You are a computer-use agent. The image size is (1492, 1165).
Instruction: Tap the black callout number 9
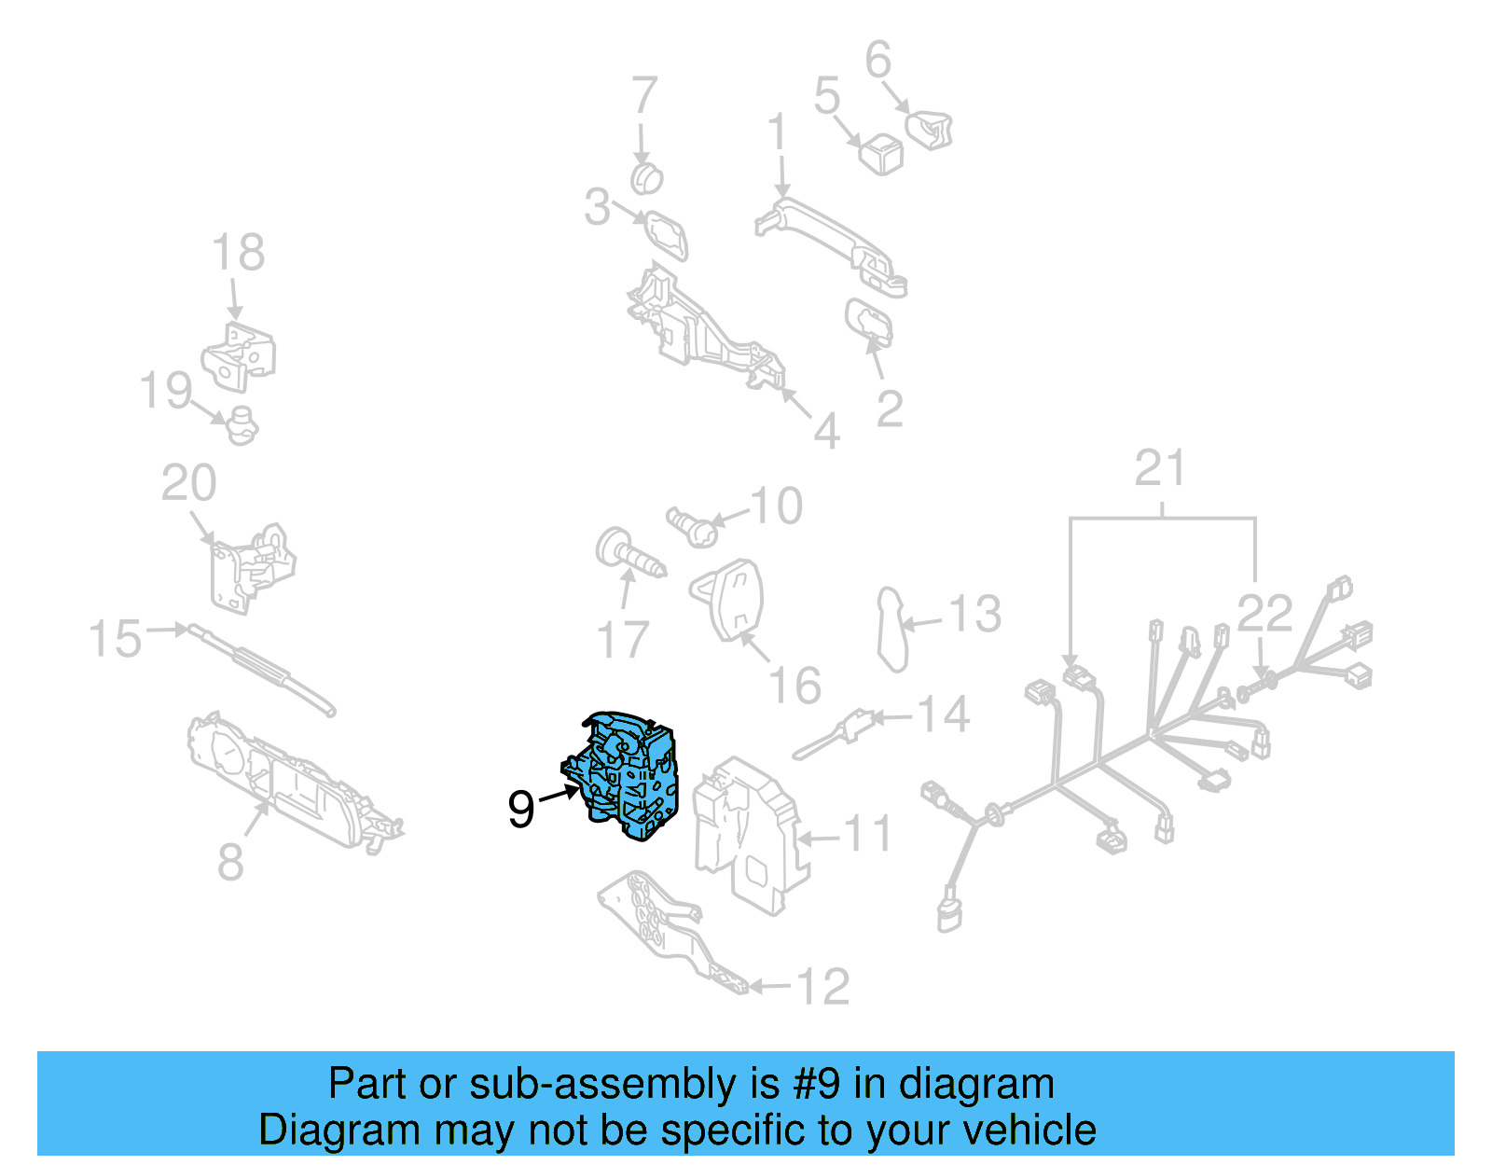coord(521,809)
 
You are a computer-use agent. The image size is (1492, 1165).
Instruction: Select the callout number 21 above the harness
coord(1160,469)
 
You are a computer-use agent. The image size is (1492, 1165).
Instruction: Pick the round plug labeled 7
coord(645,177)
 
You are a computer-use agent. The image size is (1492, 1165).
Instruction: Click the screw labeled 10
coord(692,528)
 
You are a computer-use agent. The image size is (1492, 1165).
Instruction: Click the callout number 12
coord(823,987)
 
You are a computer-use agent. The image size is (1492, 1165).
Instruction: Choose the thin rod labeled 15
coord(261,668)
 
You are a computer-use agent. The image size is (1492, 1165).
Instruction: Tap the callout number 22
coord(1264,614)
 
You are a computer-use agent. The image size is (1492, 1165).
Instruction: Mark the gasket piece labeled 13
coord(892,629)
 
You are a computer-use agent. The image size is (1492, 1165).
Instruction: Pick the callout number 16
coord(794,687)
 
